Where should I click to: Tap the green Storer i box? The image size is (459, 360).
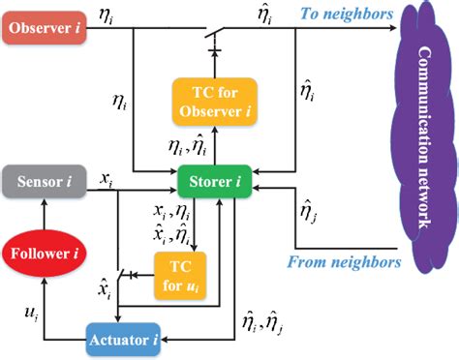point(215,180)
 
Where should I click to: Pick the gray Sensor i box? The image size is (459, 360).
point(41,180)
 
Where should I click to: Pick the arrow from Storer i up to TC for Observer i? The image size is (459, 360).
point(213,149)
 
